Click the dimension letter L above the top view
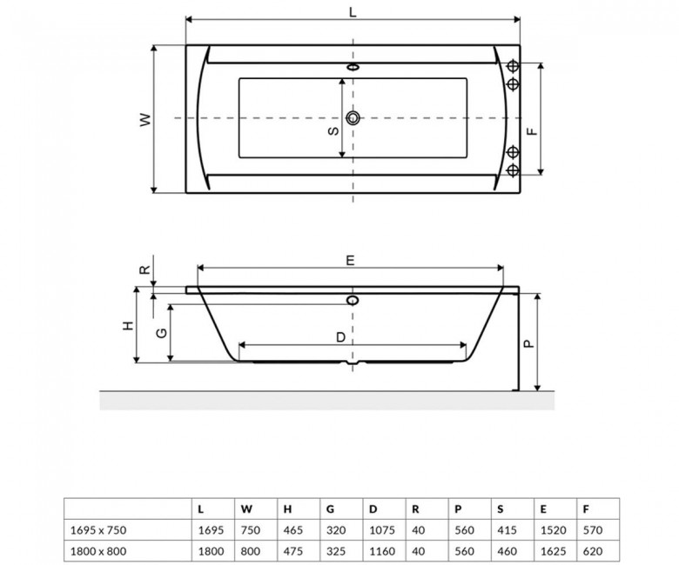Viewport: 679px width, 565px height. click(x=353, y=12)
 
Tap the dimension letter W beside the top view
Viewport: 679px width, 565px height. click(x=146, y=119)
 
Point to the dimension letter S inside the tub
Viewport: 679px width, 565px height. click(x=333, y=130)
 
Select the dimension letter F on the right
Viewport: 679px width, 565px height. click(x=532, y=130)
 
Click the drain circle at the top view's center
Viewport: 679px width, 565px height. click(x=353, y=117)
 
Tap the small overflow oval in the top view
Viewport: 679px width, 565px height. click(x=353, y=68)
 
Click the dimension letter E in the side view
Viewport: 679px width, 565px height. click(x=350, y=260)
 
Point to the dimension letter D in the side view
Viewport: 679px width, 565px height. click(x=340, y=337)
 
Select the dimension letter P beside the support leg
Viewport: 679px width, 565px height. click(x=529, y=343)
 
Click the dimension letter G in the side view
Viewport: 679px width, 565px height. click(x=162, y=333)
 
